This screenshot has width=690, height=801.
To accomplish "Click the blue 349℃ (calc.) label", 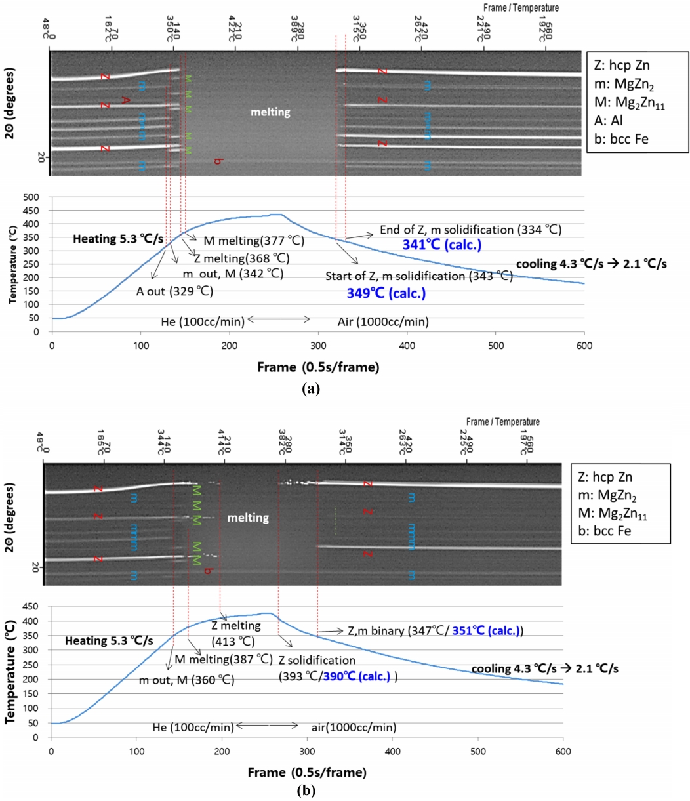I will click(386, 294).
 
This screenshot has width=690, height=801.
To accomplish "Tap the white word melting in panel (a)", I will click(270, 113).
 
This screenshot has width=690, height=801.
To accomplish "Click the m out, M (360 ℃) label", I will click(186, 680).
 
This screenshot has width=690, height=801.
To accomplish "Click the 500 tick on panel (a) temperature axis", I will click(31, 197).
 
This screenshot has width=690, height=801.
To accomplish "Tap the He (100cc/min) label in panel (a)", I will click(203, 321).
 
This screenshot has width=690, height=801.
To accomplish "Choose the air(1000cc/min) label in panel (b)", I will click(352, 727).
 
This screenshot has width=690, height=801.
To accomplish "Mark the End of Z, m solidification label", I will click(470, 231).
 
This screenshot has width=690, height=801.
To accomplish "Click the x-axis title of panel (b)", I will click(306, 771).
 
